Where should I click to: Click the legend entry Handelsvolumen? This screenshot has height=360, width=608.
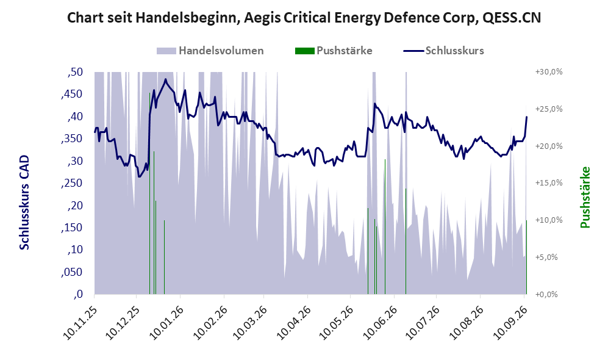210,51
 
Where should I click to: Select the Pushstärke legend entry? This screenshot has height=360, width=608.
334,51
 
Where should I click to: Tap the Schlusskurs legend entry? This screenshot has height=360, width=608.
443,51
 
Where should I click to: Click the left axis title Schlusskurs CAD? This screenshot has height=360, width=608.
24,202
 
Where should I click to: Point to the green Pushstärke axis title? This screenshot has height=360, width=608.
585,197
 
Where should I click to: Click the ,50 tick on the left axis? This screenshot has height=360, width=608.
75,72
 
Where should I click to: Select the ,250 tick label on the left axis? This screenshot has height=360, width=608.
72,183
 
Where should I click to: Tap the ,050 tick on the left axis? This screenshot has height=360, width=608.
72,272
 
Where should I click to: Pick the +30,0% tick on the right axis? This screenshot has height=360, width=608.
549,72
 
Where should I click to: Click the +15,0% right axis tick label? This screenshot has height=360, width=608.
549,182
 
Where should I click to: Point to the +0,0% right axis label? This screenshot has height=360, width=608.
546,294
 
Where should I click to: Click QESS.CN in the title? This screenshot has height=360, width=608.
512,18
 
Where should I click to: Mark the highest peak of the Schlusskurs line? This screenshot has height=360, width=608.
166,79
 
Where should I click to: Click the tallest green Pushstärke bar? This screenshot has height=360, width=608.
149,193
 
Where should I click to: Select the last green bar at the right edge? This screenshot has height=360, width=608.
526,257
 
